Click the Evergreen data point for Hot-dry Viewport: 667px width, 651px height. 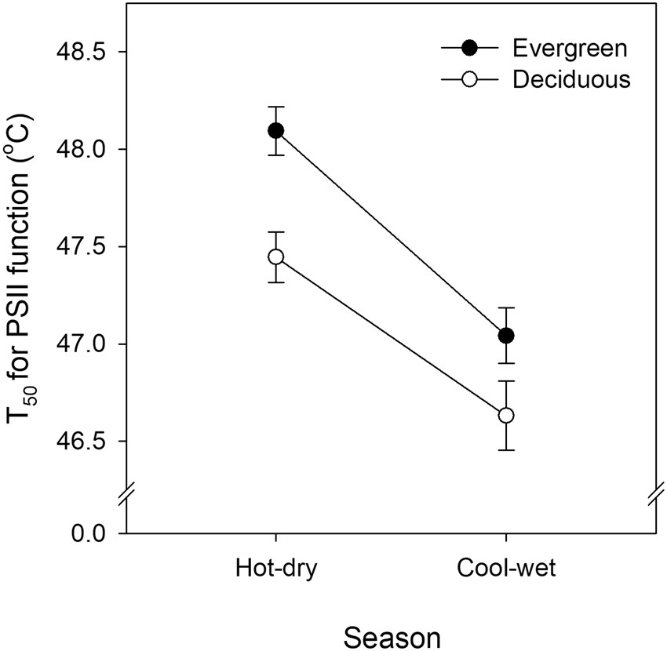(x=275, y=130)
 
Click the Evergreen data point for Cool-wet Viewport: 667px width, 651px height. (x=506, y=336)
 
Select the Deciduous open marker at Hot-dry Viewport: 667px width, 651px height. (x=275, y=256)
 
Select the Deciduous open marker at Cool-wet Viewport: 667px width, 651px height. (x=506, y=415)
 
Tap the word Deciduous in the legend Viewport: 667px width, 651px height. (x=571, y=79)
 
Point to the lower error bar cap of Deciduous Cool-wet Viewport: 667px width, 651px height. (x=506, y=450)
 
